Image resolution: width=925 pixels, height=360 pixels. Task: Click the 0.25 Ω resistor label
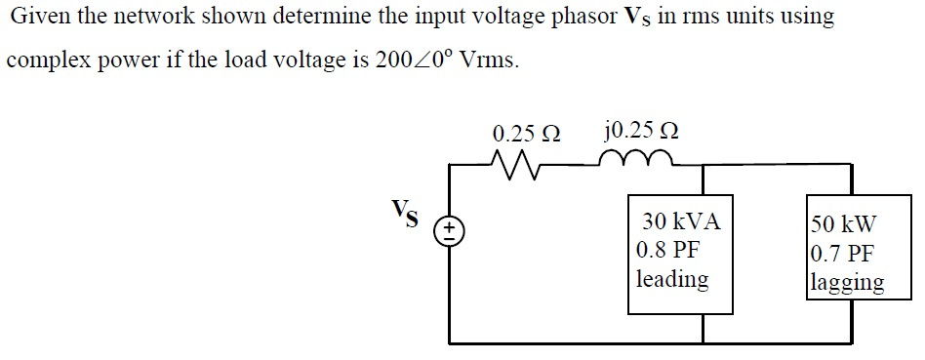[x=527, y=133]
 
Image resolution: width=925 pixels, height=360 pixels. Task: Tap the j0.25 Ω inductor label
[x=642, y=132]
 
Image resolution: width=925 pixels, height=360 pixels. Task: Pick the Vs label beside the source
[x=406, y=214]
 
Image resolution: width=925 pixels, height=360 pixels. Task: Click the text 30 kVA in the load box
[x=681, y=221]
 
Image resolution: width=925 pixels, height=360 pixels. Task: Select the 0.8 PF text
[x=667, y=250]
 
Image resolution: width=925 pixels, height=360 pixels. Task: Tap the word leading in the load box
[x=672, y=279]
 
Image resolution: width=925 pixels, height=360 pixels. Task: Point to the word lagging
[x=847, y=283]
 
